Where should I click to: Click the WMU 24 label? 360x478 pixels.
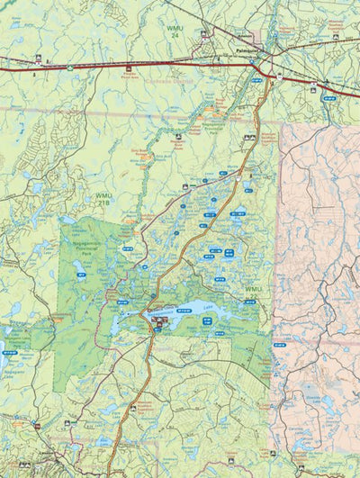point(174,34)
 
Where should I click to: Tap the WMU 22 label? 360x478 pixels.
point(254,290)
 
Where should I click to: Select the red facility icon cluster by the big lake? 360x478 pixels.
point(160,320)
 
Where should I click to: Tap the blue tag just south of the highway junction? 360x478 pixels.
point(256,81)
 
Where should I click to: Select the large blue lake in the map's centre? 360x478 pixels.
point(184,318)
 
